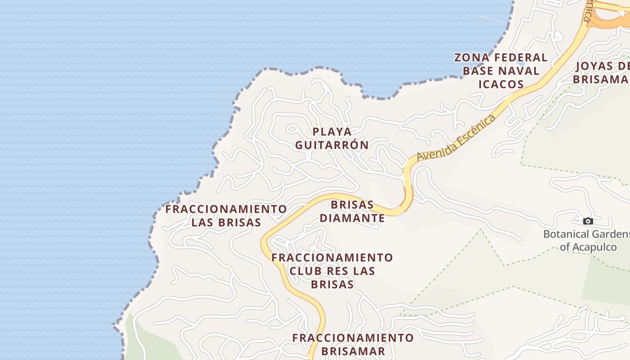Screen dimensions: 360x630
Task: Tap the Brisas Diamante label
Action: pos(358,211)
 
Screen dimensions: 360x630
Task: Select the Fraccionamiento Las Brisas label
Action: pos(226,216)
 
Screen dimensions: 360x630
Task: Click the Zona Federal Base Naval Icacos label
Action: pos(501,71)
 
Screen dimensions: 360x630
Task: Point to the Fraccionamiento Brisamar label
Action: pos(353,344)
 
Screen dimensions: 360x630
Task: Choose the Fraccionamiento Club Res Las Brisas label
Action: pos(332,271)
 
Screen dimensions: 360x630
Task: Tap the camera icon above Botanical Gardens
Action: pos(588,221)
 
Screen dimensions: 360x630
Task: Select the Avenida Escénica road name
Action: pos(456,138)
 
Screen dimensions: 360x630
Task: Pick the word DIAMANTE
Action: pos(358,218)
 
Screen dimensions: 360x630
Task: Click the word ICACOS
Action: pos(501,84)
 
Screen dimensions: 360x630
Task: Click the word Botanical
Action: pos(564,234)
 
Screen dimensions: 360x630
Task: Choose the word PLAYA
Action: pos(332,132)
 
